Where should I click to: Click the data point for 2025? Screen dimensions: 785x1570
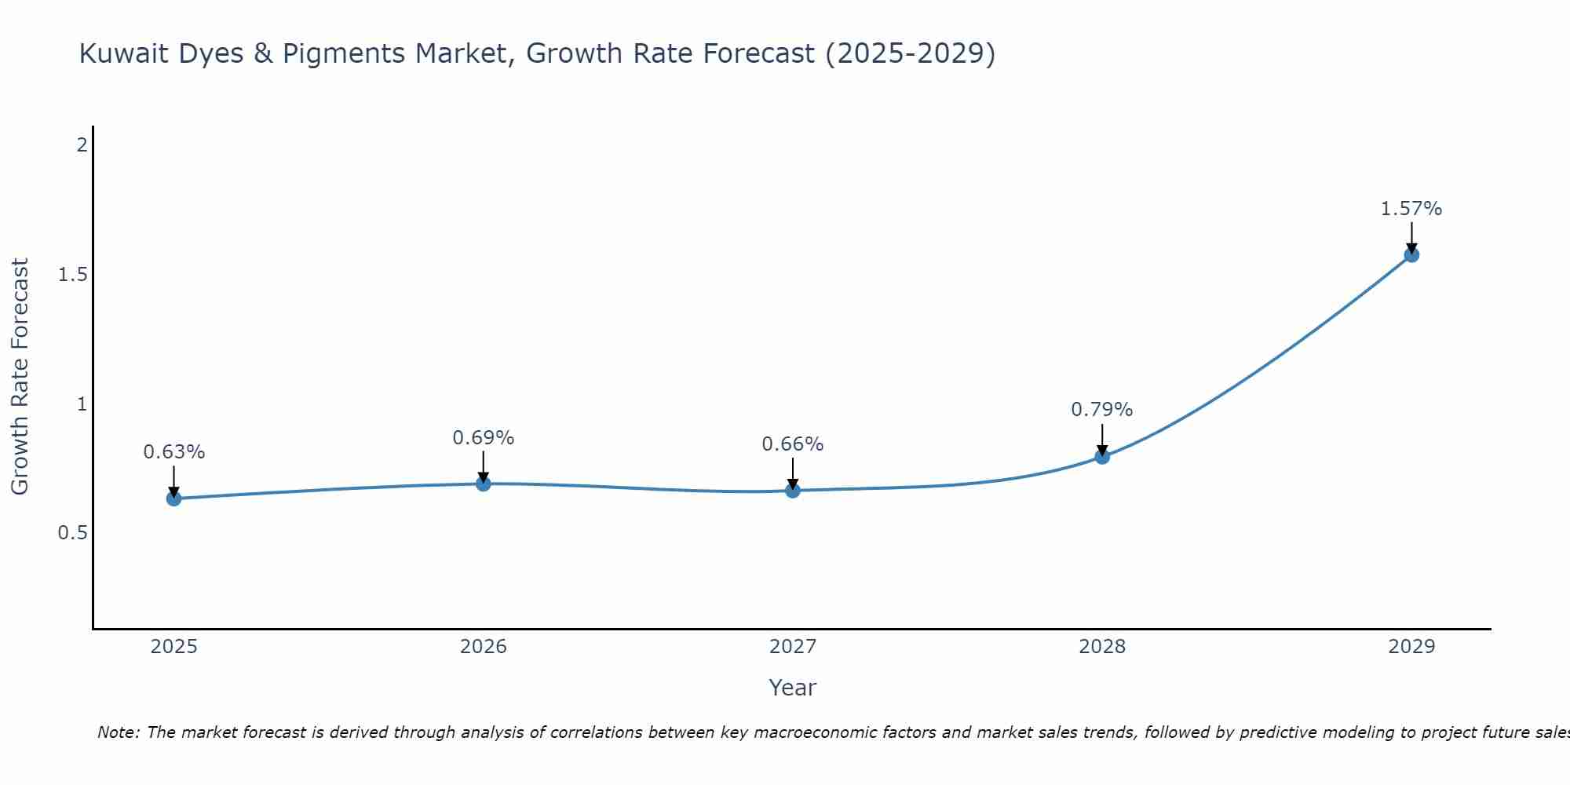tap(174, 498)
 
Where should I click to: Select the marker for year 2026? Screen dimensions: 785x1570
tap(484, 484)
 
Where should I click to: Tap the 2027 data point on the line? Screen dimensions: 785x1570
tap(793, 491)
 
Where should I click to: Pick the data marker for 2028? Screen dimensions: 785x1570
tap(1102, 457)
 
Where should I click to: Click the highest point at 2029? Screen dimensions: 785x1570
tap(1411, 255)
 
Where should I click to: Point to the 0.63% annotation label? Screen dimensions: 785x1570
tap(174, 452)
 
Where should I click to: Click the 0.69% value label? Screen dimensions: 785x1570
tap(484, 438)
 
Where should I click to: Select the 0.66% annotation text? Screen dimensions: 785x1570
tap(793, 444)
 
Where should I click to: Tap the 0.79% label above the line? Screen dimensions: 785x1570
tap(1102, 410)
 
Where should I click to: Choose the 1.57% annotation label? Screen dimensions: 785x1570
tap(1411, 209)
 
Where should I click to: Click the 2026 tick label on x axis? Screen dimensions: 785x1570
tap(484, 647)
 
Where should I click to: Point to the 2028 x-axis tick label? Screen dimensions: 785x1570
tap(1102, 647)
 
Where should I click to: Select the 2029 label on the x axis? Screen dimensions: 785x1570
tap(1411, 647)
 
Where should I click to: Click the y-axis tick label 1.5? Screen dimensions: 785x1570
tap(72, 275)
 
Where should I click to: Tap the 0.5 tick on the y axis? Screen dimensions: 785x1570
tap(72, 533)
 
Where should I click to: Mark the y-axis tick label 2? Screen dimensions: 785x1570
tap(82, 145)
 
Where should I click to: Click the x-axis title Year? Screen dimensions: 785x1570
tap(793, 688)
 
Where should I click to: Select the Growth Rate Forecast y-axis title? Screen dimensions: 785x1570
tap(20, 377)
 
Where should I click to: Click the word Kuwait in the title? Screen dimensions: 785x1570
tap(122, 53)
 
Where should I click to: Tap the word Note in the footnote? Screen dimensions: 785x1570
tap(118, 732)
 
